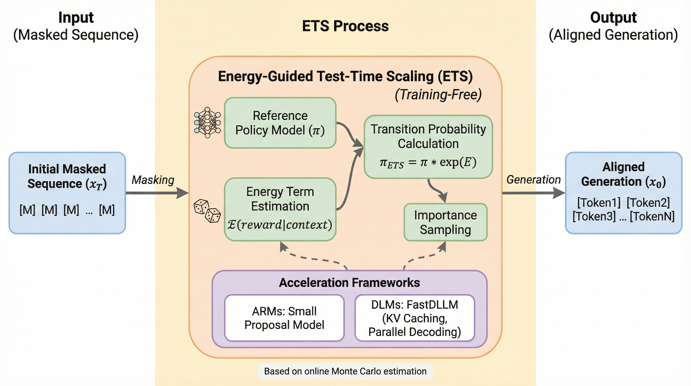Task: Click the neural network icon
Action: click(207, 123)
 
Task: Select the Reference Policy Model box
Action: click(280, 123)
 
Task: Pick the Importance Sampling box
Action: click(445, 222)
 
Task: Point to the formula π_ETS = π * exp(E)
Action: click(428, 163)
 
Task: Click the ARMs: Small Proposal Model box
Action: click(284, 318)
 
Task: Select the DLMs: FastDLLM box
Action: click(415, 318)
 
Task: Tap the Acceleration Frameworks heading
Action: click(349, 283)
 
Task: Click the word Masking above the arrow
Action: click(153, 180)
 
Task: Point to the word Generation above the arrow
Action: click(533, 180)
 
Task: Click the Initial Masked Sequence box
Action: click(67, 193)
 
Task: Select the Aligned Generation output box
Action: click(623, 193)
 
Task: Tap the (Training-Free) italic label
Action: click(438, 95)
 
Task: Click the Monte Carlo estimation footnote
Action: click(345, 371)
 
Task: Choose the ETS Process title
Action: click(345, 26)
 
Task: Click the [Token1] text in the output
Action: click(599, 202)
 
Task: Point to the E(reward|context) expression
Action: click(280, 225)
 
